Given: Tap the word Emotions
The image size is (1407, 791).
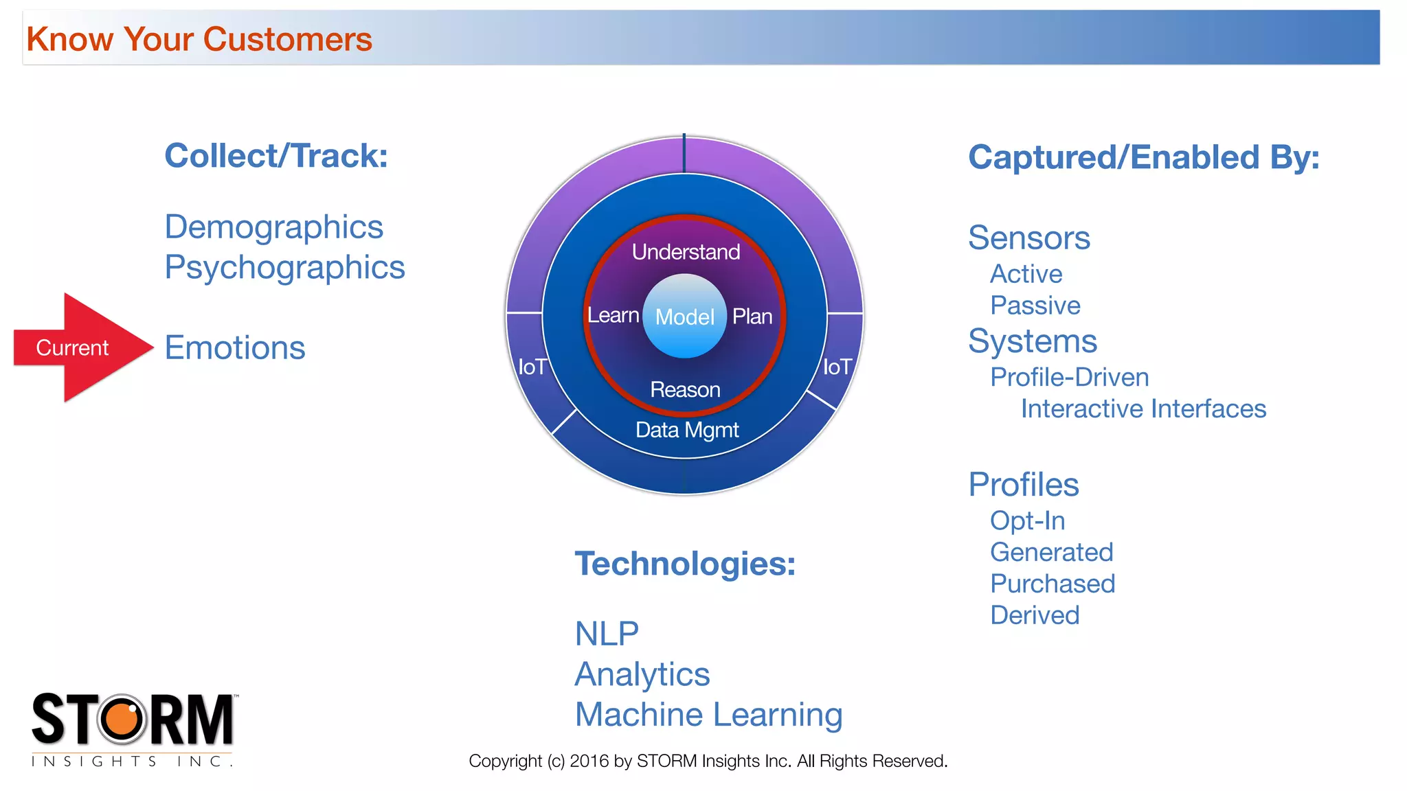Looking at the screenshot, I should coord(235,347).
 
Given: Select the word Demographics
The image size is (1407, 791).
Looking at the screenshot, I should coord(273,227).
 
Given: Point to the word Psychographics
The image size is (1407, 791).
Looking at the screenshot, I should coord(284,267).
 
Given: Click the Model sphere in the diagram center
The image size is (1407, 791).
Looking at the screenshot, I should coord(684,317).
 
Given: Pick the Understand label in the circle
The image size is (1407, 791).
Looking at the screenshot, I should coord(686,252).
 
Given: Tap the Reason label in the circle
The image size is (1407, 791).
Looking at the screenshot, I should coord(685,390).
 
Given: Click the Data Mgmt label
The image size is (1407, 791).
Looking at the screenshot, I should coord(687,430).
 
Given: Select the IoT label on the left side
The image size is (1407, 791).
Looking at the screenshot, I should coord(532,367).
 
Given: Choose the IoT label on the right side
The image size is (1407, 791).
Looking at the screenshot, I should coord(837,367).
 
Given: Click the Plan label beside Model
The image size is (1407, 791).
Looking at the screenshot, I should coord(752,317).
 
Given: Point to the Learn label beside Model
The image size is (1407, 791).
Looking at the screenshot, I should coord(613,315).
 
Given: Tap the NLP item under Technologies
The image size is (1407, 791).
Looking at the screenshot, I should coord(607,633).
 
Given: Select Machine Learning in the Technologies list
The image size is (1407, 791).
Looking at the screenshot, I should coord(708,714).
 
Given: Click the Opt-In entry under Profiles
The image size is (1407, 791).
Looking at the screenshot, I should coord(1027,520).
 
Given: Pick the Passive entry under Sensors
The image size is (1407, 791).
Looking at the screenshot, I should coord(1035,306).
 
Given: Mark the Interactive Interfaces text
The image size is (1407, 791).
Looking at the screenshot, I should coord(1143,409).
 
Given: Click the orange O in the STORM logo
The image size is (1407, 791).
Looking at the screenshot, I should coord(123,719).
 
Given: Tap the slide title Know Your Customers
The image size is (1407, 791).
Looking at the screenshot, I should coord(199,39).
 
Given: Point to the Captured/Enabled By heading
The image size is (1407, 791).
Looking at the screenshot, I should coord(1143,157).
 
